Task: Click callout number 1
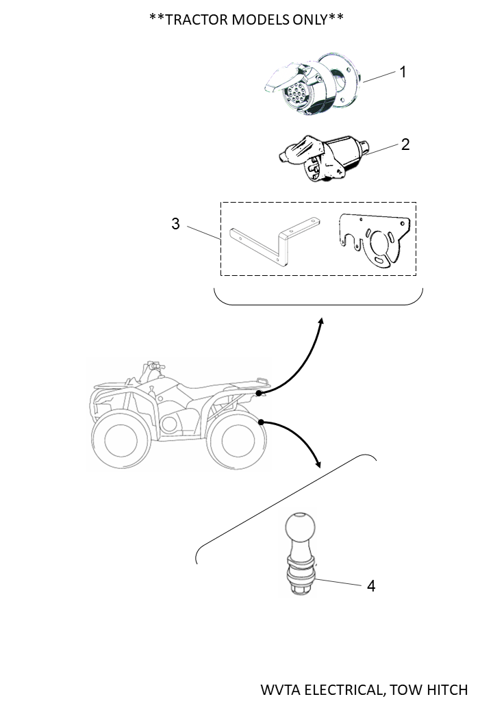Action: [x=403, y=71]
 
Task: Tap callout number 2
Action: [x=405, y=144]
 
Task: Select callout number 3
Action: [x=176, y=224]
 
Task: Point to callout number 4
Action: [x=370, y=586]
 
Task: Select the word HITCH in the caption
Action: [x=447, y=689]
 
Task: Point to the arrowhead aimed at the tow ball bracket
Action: [x=318, y=464]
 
